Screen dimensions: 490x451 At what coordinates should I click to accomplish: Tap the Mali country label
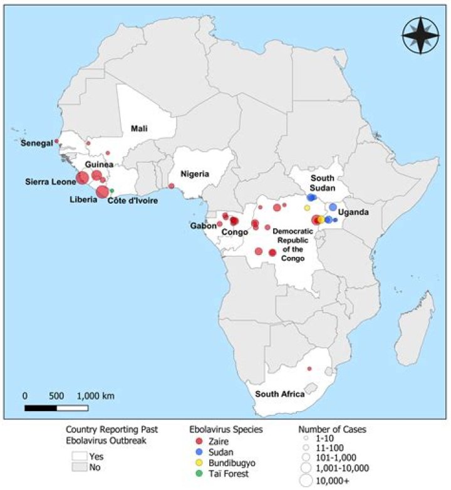click(x=139, y=128)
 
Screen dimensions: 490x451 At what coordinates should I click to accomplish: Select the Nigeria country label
click(x=195, y=174)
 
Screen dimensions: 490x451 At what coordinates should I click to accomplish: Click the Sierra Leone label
click(x=49, y=182)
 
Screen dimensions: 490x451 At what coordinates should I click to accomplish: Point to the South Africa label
click(x=279, y=394)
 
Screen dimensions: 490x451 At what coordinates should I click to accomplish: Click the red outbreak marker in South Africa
click(x=309, y=369)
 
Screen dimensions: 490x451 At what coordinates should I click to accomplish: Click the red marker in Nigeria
click(x=172, y=186)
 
